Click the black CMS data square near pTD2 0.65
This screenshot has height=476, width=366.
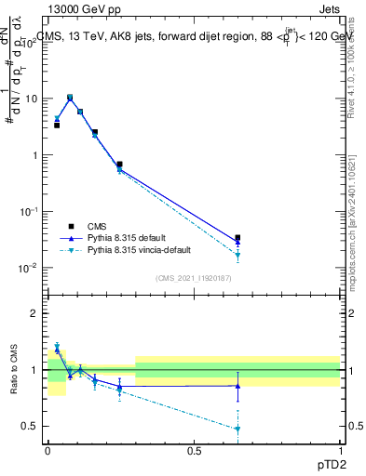coord(237,238)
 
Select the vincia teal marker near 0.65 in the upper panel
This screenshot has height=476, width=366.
coord(237,255)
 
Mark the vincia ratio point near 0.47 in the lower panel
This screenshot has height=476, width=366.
coord(237,429)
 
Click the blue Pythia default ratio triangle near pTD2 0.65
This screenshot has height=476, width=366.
coord(237,386)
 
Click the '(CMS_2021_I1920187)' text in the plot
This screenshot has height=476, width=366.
coord(193,278)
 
